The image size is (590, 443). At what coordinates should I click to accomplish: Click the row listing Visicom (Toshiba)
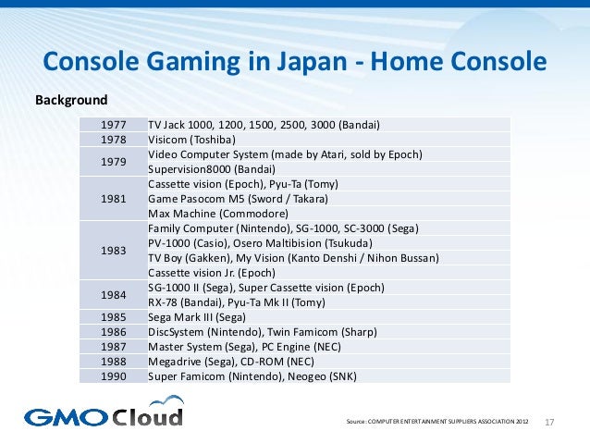pos(186,140)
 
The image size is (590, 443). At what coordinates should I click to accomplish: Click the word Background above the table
pos(70,99)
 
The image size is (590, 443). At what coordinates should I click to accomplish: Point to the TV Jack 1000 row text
pos(264,125)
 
